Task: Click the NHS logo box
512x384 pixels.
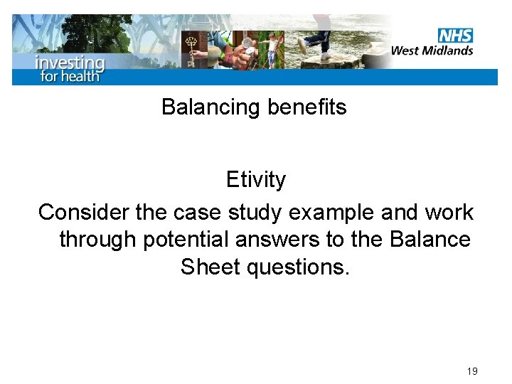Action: (x=455, y=35)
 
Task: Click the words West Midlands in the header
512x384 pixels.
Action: (x=432, y=50)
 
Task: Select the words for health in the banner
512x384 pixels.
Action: (x=70, y=75)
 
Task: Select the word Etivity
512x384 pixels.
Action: (x=255, y=180)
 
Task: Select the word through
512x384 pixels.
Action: (x=98, y=240)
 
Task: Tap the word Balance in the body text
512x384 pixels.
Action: (x=430, y=240)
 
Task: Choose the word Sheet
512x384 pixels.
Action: (x=210, y=267)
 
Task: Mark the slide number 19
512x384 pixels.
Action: (x=472, y=371)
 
